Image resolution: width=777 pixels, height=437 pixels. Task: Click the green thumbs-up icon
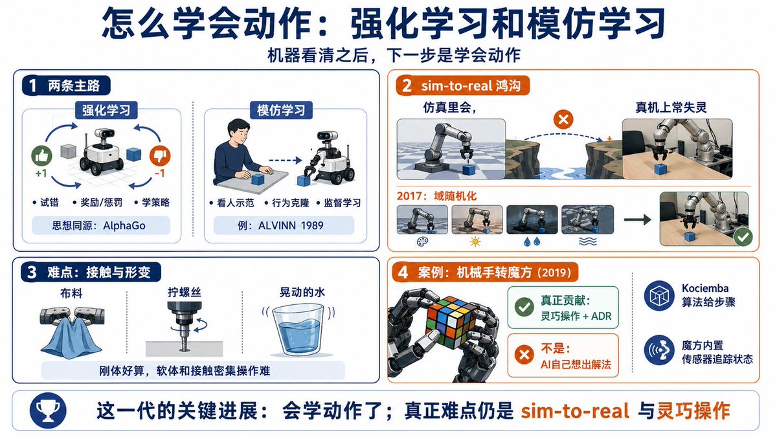point(41,156)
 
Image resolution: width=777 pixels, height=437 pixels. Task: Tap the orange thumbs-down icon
point(160,156)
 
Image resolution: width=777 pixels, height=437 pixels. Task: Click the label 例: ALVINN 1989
point(280,225)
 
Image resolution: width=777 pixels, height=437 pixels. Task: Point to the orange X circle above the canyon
point(563,120)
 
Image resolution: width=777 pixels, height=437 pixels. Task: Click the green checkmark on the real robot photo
point(743,237)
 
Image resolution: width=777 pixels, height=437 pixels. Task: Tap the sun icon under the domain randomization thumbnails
point(475,241)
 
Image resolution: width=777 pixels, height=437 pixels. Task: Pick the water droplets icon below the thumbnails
point(532,241)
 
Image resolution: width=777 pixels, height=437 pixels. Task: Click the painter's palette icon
point(422,241)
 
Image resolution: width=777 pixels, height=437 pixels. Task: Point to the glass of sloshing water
point(298,330)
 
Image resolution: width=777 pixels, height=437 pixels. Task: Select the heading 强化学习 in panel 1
point(106,110)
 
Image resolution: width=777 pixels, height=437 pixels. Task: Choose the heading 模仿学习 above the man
point(281,110)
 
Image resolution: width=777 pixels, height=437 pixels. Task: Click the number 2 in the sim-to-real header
point(407,85)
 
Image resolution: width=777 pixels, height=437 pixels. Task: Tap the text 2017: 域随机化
point(436,196)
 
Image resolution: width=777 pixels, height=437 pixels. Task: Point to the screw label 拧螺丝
point(185,292)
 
